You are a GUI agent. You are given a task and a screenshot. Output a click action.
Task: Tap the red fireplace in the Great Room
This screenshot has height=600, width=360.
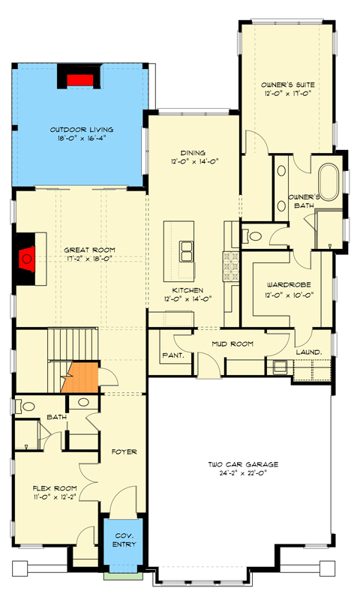[26, 259]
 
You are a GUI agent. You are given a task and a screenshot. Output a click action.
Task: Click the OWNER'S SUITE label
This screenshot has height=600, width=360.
[287, 85]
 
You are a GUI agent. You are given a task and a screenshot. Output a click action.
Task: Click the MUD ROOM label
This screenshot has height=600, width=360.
[231, 344]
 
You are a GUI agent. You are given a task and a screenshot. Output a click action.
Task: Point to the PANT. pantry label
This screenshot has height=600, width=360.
[173, 355]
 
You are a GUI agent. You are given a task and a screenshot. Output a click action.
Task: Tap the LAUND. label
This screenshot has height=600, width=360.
[309, 351]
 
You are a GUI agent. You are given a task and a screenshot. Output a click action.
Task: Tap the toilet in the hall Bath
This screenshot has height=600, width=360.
[27, 406]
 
